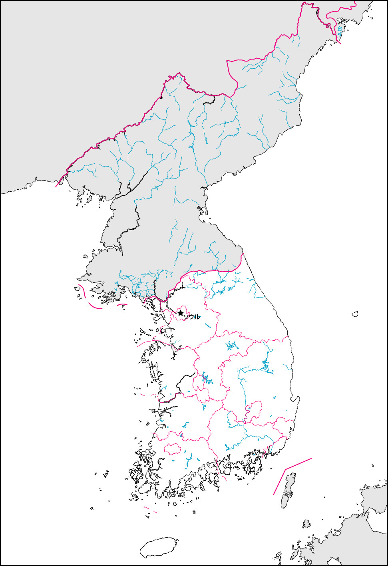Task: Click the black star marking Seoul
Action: tap(181, 313)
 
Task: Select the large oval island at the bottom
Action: tap(159, 547)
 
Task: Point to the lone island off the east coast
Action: tap(355, 314)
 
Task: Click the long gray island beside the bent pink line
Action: tap(289, 490)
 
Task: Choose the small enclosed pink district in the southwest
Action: tap(173, 449)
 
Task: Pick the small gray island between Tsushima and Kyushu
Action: tap(306, 524)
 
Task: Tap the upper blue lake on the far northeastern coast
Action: tap(340, 28)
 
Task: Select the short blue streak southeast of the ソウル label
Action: tap(208, 326)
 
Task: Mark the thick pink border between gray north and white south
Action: tap(208, 270)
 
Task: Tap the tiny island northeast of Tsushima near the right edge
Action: tap(372, 465)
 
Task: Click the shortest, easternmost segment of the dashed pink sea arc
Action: tap(123, 305)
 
